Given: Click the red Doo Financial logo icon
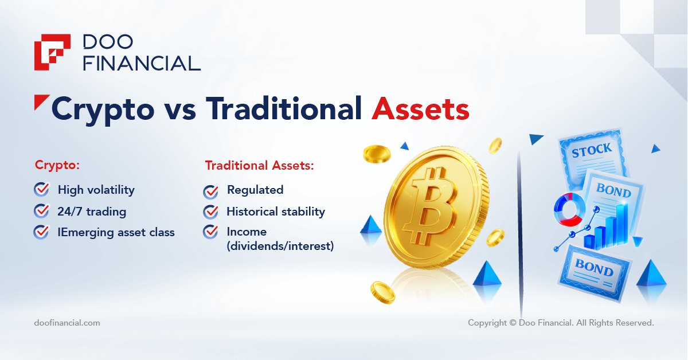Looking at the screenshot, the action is click(52, 52).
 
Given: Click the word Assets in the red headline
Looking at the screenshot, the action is click(420, 109).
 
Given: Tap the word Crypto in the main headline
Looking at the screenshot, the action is click(103, 111).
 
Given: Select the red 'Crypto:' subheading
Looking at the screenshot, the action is click(57, 165).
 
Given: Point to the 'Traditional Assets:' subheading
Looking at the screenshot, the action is click(260, 165).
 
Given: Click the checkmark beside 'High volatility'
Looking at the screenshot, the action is click(41, 189).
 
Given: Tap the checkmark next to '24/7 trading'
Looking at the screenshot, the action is click(41, 211).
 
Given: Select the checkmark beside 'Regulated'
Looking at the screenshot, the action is click(211, 192).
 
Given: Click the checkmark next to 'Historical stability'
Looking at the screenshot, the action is click(211, 212).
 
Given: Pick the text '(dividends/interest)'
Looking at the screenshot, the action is click(280, 246).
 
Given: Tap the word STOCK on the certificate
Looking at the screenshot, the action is click(592, 151).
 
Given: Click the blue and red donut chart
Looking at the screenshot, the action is click(569, 209).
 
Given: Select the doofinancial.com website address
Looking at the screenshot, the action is click(67, 323).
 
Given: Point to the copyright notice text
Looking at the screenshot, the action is click(561, 323).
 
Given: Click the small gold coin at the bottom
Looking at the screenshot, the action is click(382, 293).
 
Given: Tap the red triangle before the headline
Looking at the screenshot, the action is click(41, 102).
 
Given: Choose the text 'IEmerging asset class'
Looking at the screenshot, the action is click(116, 233).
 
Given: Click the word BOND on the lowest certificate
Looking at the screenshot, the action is click(594, 268).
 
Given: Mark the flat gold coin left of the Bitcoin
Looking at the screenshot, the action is click(377, 154).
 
